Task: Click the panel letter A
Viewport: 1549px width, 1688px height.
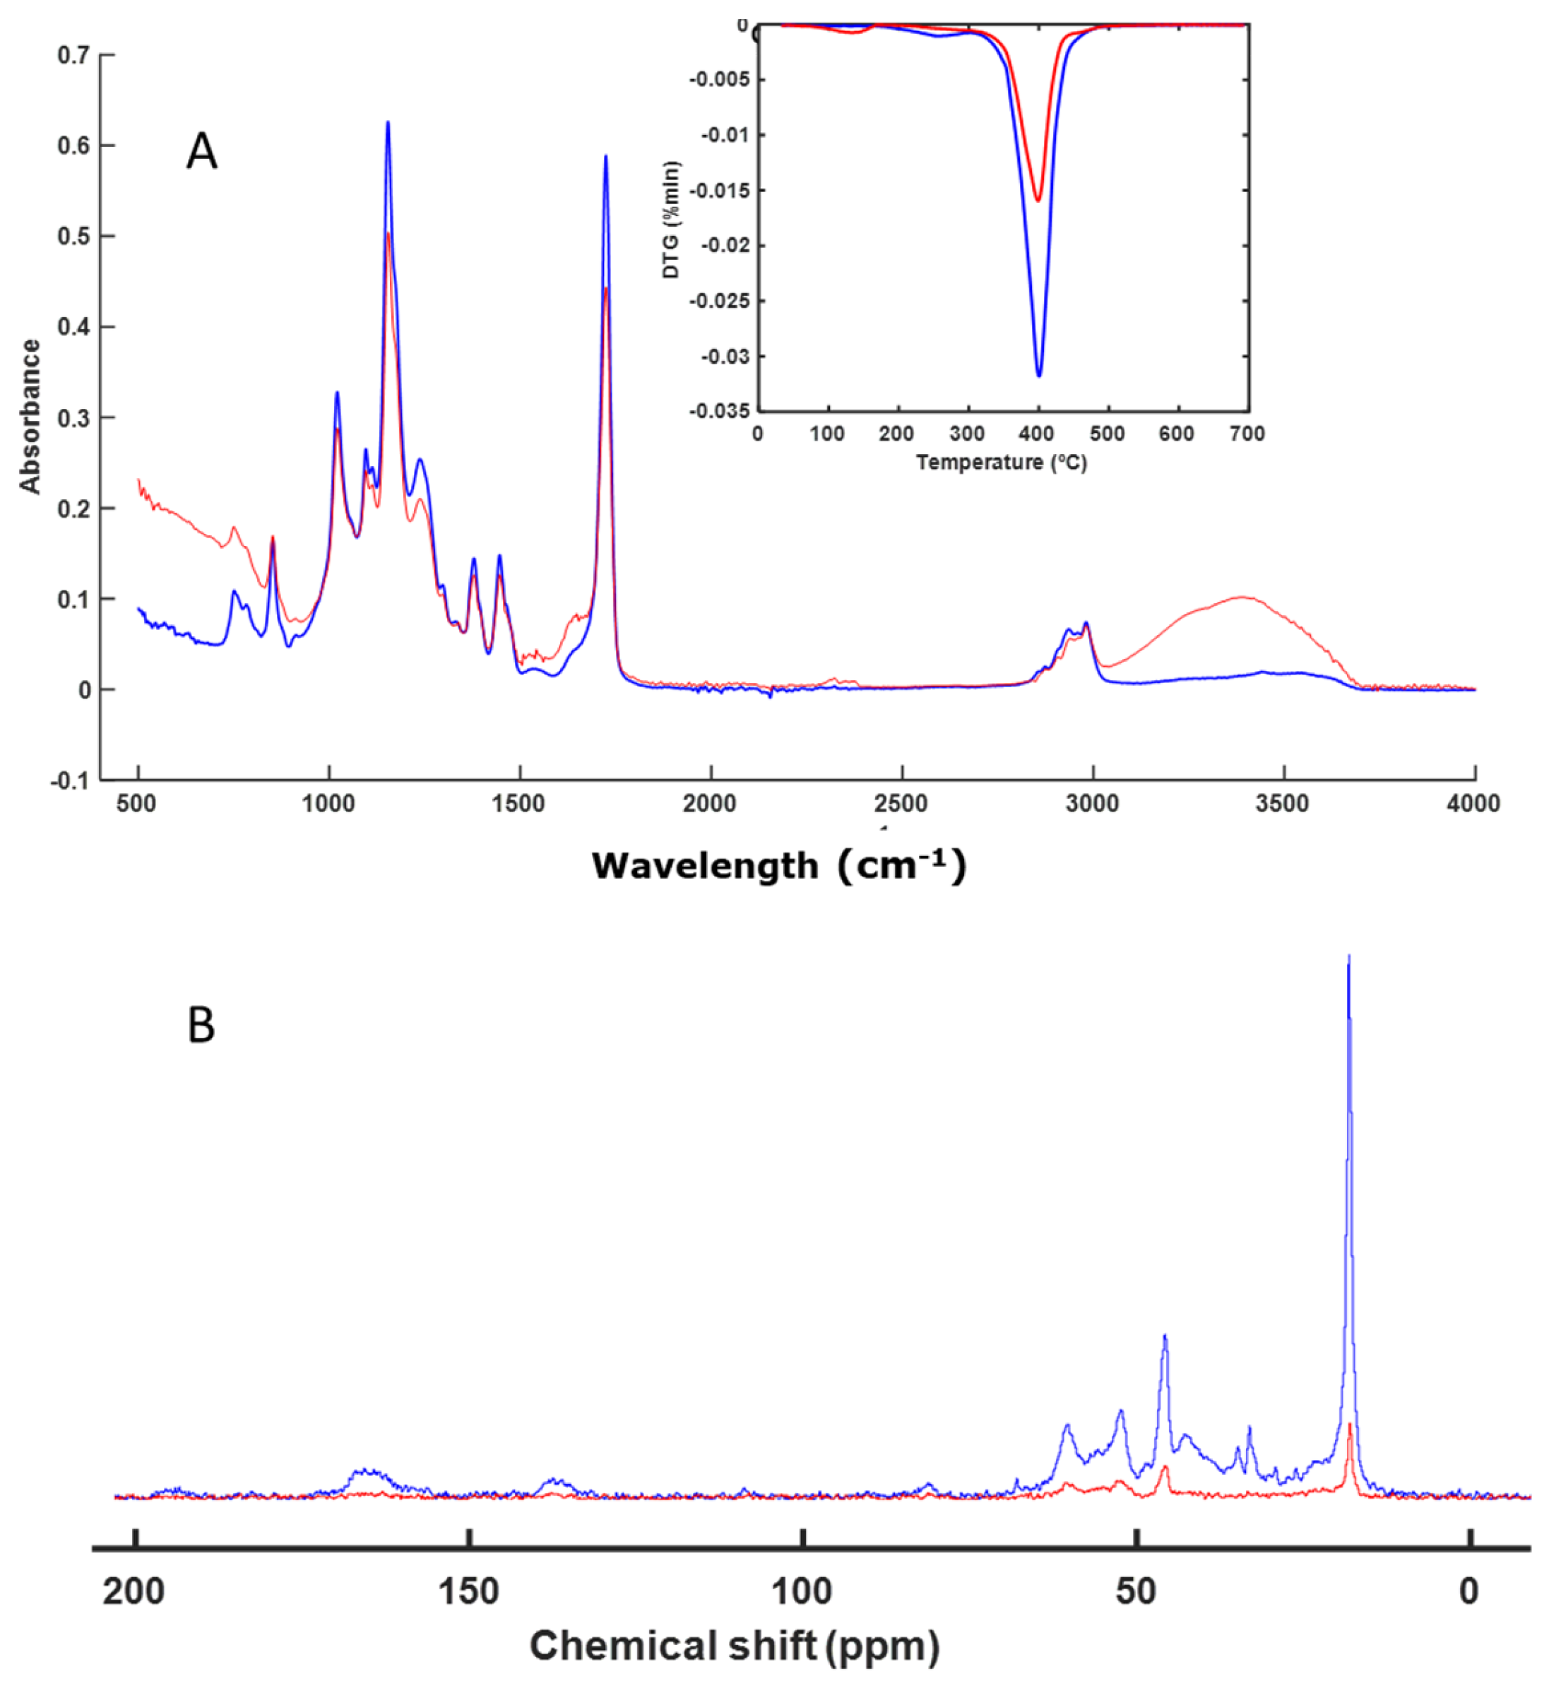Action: (201, 153)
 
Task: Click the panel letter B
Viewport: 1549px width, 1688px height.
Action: (201, 1025)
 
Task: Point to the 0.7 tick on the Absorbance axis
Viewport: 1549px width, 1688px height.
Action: (73, 55)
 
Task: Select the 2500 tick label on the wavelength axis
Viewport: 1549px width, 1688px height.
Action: (901, 804)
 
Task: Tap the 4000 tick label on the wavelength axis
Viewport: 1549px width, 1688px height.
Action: (1473, 804)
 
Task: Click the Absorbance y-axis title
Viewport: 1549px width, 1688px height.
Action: (30, 416)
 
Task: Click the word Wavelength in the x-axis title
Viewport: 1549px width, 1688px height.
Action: (704, 866)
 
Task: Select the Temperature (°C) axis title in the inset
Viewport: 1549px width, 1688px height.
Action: (1001, 463)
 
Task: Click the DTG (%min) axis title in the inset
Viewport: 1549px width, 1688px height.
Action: (672, 220)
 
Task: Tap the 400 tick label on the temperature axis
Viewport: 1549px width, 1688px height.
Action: (1038, 434)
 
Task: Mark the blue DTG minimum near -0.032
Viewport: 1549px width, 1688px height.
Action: (1038, 376)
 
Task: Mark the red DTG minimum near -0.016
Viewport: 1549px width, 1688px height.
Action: (1038, 201)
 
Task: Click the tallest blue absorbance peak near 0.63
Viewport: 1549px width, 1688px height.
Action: (387, 123)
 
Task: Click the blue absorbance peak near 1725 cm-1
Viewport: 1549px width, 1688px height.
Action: (605, 157)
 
